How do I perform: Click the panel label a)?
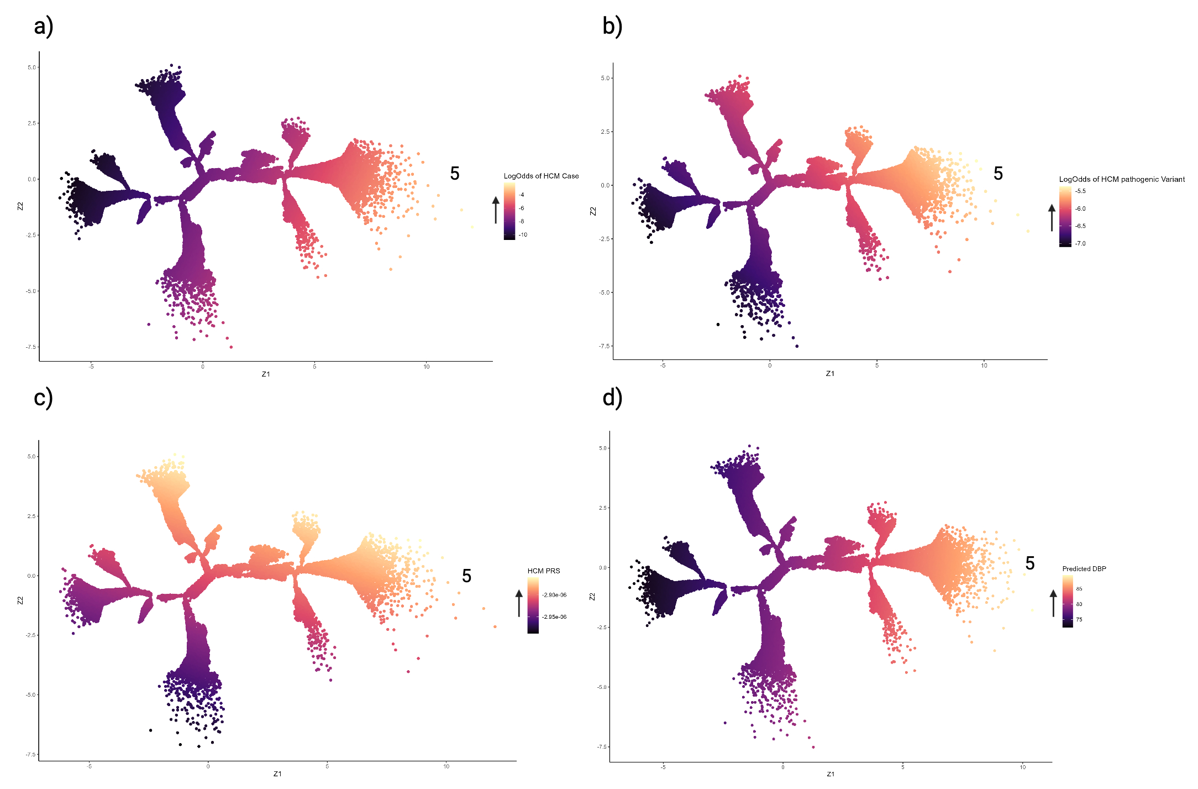[x=43, y=27]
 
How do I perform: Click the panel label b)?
[x=612, y=27]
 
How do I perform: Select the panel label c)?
[x=43, y=398]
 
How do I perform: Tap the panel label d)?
[x=612, y=398]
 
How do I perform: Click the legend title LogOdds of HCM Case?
[x=541, y=176]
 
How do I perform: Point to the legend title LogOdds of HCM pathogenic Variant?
[x=1121, y=179]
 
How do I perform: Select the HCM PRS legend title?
[x=543, y=571]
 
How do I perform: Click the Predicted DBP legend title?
[x=1084, y=568]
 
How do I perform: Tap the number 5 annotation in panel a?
[x=455, y=174]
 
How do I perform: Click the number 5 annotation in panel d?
[x=1030, y=563]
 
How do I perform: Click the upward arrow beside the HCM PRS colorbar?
[x=519, y=603]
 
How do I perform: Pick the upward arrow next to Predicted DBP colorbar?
[x=1053, y=603]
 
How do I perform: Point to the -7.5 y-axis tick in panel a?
[x=31, y=347]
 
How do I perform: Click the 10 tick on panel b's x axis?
[x=984, y=365]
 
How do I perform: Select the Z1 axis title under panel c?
[x=277, y=774]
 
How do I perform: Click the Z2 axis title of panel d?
[x=592, y=597]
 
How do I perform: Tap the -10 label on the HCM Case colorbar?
[x=523, y=234]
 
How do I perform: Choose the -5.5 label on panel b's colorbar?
[x=1080, y=191]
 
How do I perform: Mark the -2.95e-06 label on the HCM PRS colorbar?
[x=554, y=616]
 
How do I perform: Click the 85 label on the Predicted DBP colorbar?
[x=1079, y=589]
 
